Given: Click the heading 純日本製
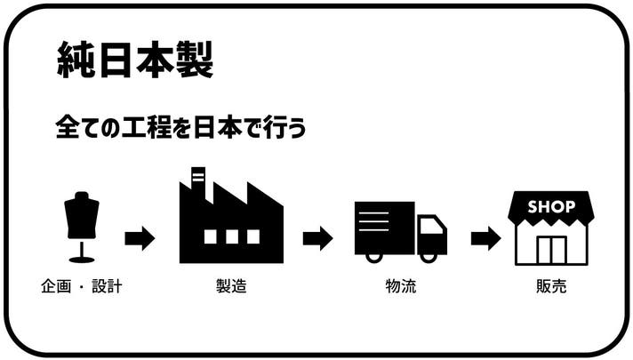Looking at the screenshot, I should (x=134, y=60).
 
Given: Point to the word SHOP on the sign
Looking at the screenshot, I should (x=551, y=207).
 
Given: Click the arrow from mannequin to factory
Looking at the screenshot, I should (x=140, y=238).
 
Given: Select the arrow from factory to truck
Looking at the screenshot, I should (x=317, y=238).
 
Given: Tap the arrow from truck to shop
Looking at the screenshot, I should (x=485, y=238).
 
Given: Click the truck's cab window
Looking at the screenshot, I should (x=431, y=226).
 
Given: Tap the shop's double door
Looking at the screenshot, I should (x=551, y=250).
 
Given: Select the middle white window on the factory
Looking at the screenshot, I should (x=231, y=236).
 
